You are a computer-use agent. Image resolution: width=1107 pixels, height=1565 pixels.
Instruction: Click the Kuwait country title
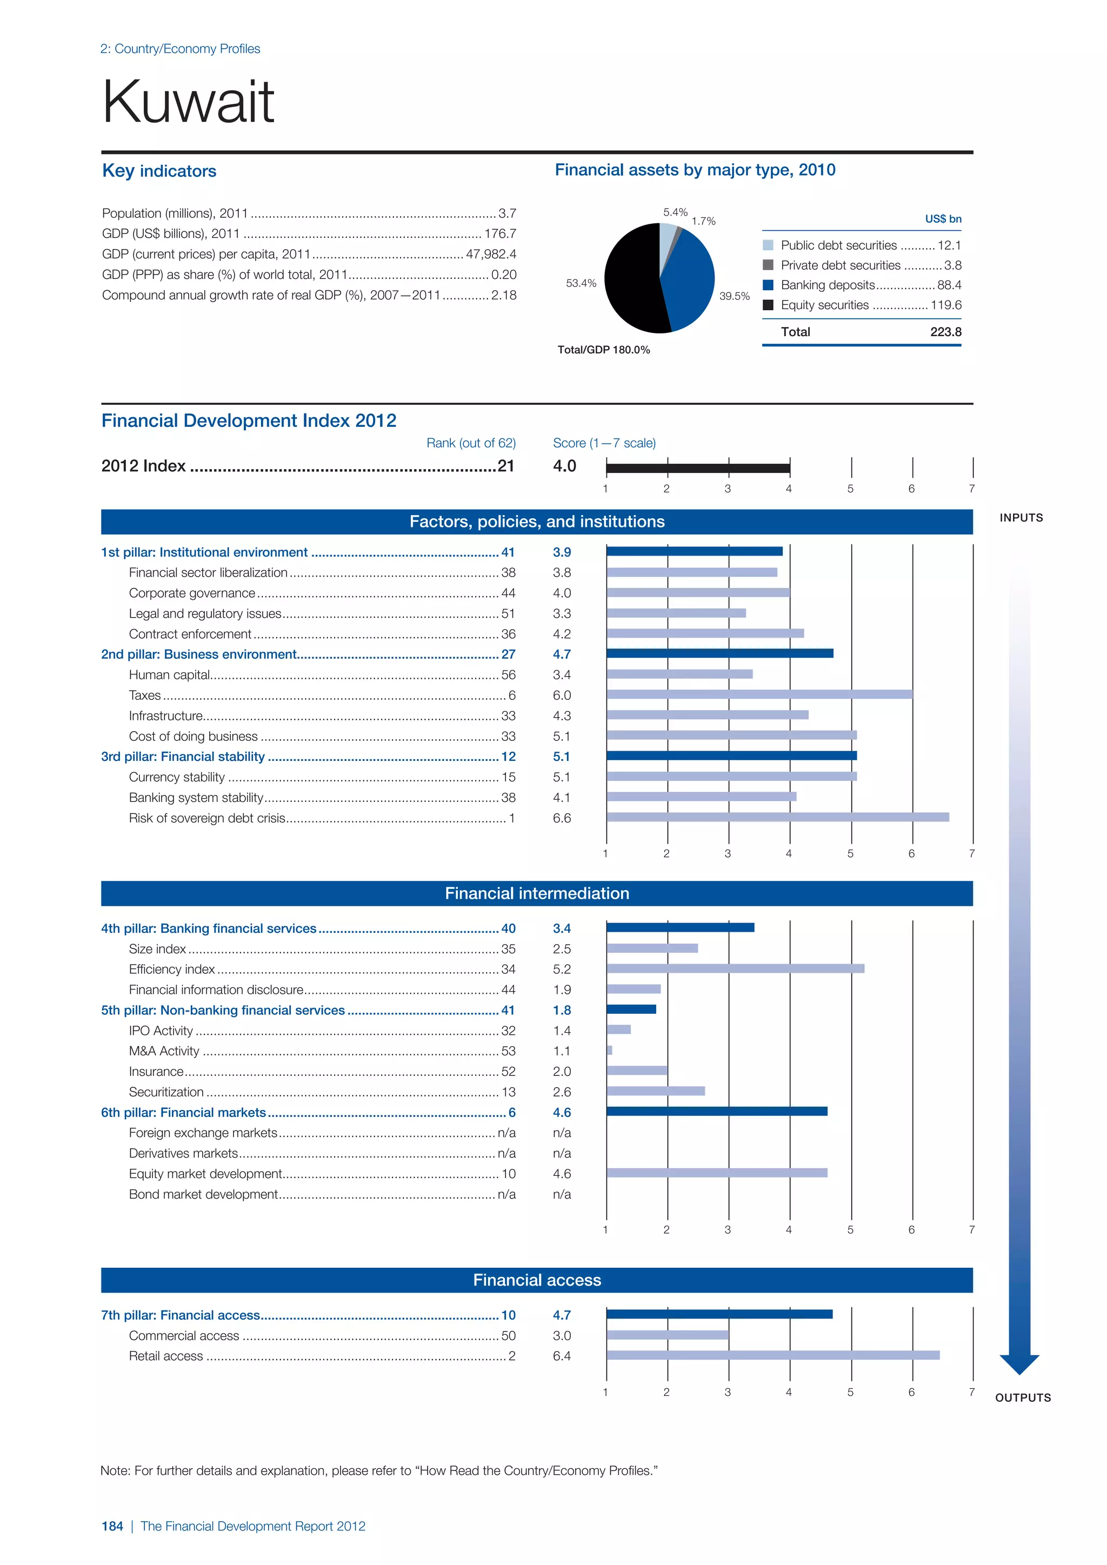pyautogui.click(x=188, y=102)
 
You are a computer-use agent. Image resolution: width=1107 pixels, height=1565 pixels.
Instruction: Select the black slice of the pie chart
pyautogui.click(x=631, y=279)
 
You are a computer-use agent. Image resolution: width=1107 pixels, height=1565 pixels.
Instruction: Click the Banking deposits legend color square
pyautogui.click(x=768, y=285)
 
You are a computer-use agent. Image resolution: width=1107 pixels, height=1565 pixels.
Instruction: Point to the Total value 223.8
pyautogui.click(x=945, y=332)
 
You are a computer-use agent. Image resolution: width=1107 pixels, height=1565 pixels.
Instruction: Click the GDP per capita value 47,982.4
pyautogui.click(x=491, y=254)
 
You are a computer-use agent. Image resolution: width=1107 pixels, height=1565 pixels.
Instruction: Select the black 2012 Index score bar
pyautogui.click(x=697, y=467)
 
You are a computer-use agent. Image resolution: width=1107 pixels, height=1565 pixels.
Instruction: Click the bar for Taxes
pyautogui.click(x=759, y=694)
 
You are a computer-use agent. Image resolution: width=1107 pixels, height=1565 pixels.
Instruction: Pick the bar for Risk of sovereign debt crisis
pyautogui.click(x=777, y=817)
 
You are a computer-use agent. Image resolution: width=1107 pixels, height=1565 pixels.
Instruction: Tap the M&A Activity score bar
pyautogui.click(x=609, y=1051)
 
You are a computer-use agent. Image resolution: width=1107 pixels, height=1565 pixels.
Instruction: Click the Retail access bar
pyautogui.click(x=772, y=1355)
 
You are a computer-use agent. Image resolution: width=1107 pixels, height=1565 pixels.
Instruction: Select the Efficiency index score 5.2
pyautogui.click(x=562, y=969)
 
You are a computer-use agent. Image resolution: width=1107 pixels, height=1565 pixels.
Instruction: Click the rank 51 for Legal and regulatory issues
pyautogui.click(x=508, y=613)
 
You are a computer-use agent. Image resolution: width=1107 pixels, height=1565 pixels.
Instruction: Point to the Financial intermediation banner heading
pyautogui.click(x=537, y=894)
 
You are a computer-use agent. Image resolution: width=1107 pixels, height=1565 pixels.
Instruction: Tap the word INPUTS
pyautogui.click(x=1021, y=518)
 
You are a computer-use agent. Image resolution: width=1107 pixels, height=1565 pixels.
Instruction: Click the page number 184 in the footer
pyautogui.click(x=112, y=1526)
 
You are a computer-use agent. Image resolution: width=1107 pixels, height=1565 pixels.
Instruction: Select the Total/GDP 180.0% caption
pyautogui.click(x=603, y=350)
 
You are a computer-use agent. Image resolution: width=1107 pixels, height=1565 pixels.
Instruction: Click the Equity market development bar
pyautogui.click(x=716, y=1173)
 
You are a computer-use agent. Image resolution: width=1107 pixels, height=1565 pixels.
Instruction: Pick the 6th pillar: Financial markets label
pyautogui.click(x=183, y=1112)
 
